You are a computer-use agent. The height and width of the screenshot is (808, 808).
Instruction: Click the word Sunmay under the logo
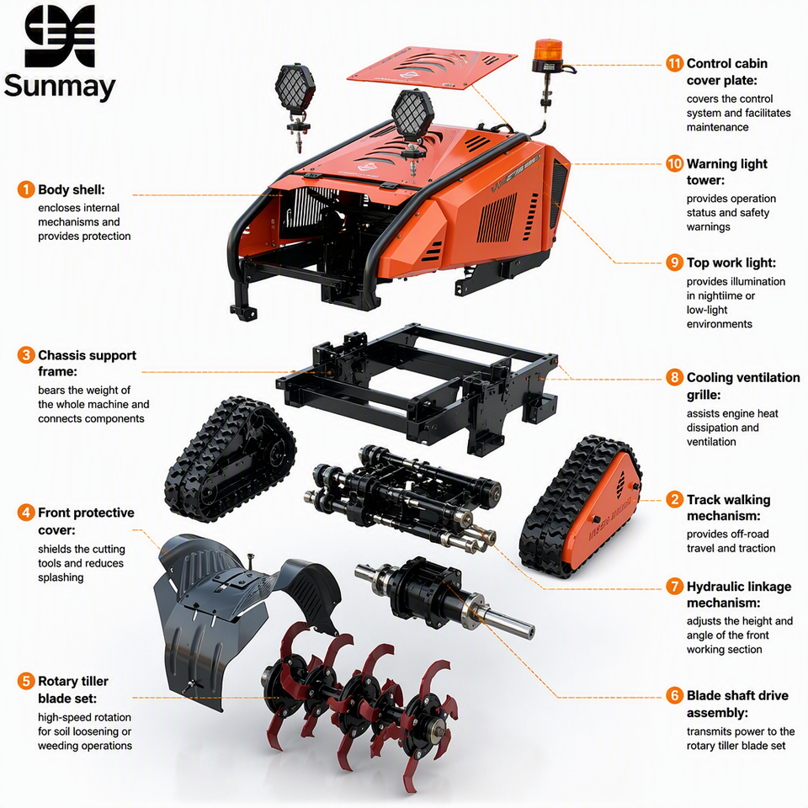60,87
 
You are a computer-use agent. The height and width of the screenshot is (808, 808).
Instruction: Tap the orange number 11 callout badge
674,63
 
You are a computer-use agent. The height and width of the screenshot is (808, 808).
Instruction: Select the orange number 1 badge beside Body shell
26,189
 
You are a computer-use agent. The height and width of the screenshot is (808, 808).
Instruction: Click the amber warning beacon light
548,56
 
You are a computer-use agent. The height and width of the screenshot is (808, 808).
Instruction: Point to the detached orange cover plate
432,67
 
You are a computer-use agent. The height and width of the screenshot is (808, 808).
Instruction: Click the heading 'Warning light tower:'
727,172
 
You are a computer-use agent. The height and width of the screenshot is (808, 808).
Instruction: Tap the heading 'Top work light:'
731,263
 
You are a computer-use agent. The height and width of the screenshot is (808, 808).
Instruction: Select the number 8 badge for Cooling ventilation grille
674,378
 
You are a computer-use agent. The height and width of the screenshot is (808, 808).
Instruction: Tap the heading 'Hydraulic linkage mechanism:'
739,595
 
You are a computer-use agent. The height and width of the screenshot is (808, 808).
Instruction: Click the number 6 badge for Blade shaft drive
674,696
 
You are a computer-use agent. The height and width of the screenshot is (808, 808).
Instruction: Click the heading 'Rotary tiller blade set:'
73,689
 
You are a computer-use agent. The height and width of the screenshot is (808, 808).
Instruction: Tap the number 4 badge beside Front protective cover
26,513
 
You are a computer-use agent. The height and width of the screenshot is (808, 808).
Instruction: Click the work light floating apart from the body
295,106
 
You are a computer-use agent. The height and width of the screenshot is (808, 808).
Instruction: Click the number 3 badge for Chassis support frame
26,355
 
